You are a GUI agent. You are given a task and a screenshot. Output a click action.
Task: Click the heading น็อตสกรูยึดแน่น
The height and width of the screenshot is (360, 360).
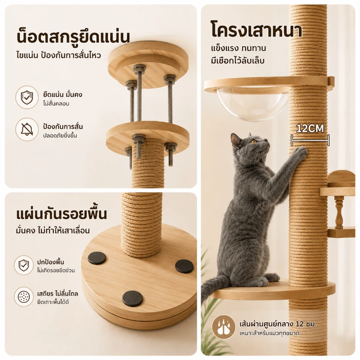(73, 36)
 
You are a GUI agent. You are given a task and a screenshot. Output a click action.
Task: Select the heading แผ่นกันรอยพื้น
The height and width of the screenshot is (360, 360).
(62, 213)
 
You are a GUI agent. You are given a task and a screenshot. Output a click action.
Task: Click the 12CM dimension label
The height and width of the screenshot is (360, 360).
(310, 129)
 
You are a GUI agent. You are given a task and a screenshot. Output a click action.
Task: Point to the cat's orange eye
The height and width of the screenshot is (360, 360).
(254, 142)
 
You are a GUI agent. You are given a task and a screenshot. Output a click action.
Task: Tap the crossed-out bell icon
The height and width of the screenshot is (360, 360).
(27, 129)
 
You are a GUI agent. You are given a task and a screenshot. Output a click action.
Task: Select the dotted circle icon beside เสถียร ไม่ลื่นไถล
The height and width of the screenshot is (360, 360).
(24, 297)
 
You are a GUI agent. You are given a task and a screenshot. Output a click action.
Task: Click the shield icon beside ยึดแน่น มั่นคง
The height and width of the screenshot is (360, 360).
(27, 97)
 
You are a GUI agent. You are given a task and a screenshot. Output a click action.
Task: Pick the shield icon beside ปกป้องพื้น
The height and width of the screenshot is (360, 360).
(24, 265)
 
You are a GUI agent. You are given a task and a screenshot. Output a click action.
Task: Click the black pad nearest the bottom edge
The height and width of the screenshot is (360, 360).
(132, 298)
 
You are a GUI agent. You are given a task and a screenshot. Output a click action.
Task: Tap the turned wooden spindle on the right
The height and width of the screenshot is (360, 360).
(339, 212)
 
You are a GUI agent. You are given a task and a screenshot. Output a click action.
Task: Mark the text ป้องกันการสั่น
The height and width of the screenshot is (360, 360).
(63, 126)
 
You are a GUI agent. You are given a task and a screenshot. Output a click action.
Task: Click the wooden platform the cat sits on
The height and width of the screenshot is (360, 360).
(273, 290)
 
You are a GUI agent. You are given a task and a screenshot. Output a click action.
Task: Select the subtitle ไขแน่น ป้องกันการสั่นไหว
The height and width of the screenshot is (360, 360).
(58, 55)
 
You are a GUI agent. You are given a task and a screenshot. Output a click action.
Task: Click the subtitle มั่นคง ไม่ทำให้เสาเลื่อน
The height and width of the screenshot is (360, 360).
(53, 230)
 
